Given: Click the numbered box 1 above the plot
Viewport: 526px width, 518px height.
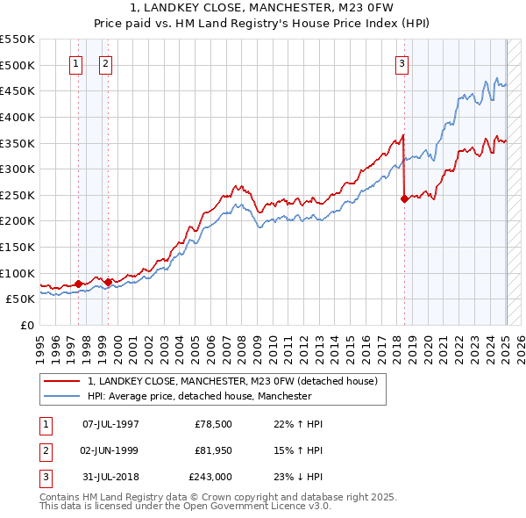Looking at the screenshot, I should tap(76, 63).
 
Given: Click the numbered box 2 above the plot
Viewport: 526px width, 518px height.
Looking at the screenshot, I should tap(105, 63).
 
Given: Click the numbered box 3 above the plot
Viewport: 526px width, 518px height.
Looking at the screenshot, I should tap(402, 63).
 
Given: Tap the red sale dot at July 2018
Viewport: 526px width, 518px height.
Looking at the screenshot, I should tap(404, 199).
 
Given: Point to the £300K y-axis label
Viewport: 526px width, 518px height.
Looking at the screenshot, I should tap(18, 169).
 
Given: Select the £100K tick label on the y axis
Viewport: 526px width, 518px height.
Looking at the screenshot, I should tap(18, 273).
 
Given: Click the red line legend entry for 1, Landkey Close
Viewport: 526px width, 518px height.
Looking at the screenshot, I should tap(232, 381).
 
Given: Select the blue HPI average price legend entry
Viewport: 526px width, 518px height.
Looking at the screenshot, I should tap(200, 396).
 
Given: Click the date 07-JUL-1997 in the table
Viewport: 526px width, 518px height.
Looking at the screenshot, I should tap(110, 424).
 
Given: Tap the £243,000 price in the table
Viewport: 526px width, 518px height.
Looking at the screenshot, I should tap(210, 477).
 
